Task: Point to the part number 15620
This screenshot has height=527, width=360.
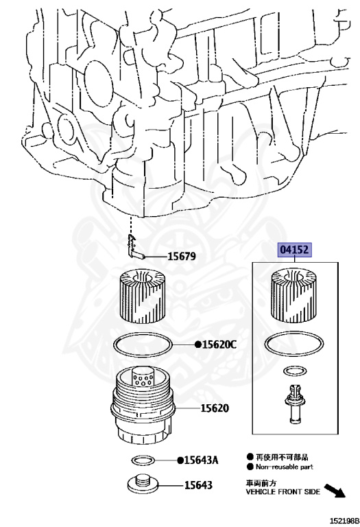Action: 215,408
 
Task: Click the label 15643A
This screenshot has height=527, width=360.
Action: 201,460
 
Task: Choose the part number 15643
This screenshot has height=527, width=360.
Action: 197,485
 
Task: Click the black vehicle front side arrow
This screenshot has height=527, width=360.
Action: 334,490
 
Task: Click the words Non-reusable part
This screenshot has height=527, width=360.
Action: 285,466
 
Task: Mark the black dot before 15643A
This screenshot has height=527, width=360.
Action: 179,460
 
